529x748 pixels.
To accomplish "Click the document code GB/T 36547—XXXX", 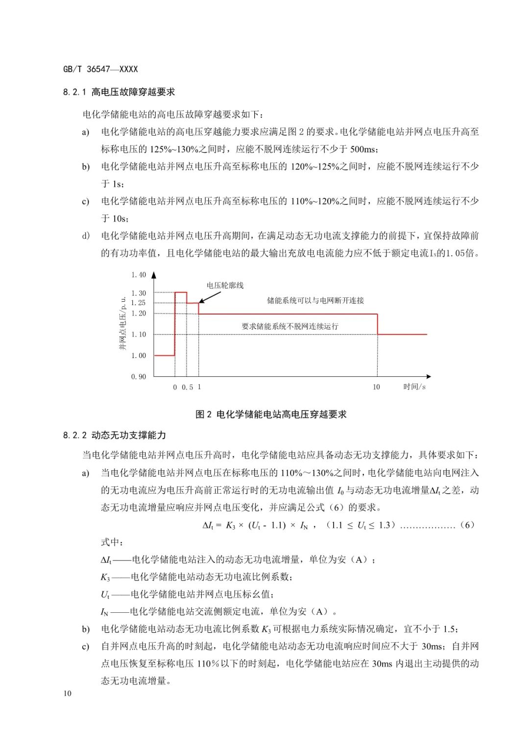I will (100, 70).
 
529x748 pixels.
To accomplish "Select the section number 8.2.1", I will (74, 92).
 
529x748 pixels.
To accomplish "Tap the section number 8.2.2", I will (74, 435).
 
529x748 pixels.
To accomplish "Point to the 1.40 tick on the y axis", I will (138, 275).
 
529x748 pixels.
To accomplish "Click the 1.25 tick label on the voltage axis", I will (138, 303).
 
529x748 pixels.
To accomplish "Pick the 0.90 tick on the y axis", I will (138, 377).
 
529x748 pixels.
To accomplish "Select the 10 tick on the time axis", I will (376, 387).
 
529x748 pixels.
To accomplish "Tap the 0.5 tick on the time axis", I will (187, 387).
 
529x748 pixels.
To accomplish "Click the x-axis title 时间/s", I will (414, 386).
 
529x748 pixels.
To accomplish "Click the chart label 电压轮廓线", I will (225, 285).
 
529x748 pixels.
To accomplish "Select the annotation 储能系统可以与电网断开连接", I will (315, 300).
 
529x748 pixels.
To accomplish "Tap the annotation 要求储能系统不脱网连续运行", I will (290, 326).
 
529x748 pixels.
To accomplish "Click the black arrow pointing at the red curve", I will (210, 296).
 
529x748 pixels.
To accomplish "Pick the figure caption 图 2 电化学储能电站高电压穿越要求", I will (271, 414).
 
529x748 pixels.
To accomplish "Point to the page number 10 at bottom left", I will (67, 693).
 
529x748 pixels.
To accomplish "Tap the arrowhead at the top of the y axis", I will (154, 275).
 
